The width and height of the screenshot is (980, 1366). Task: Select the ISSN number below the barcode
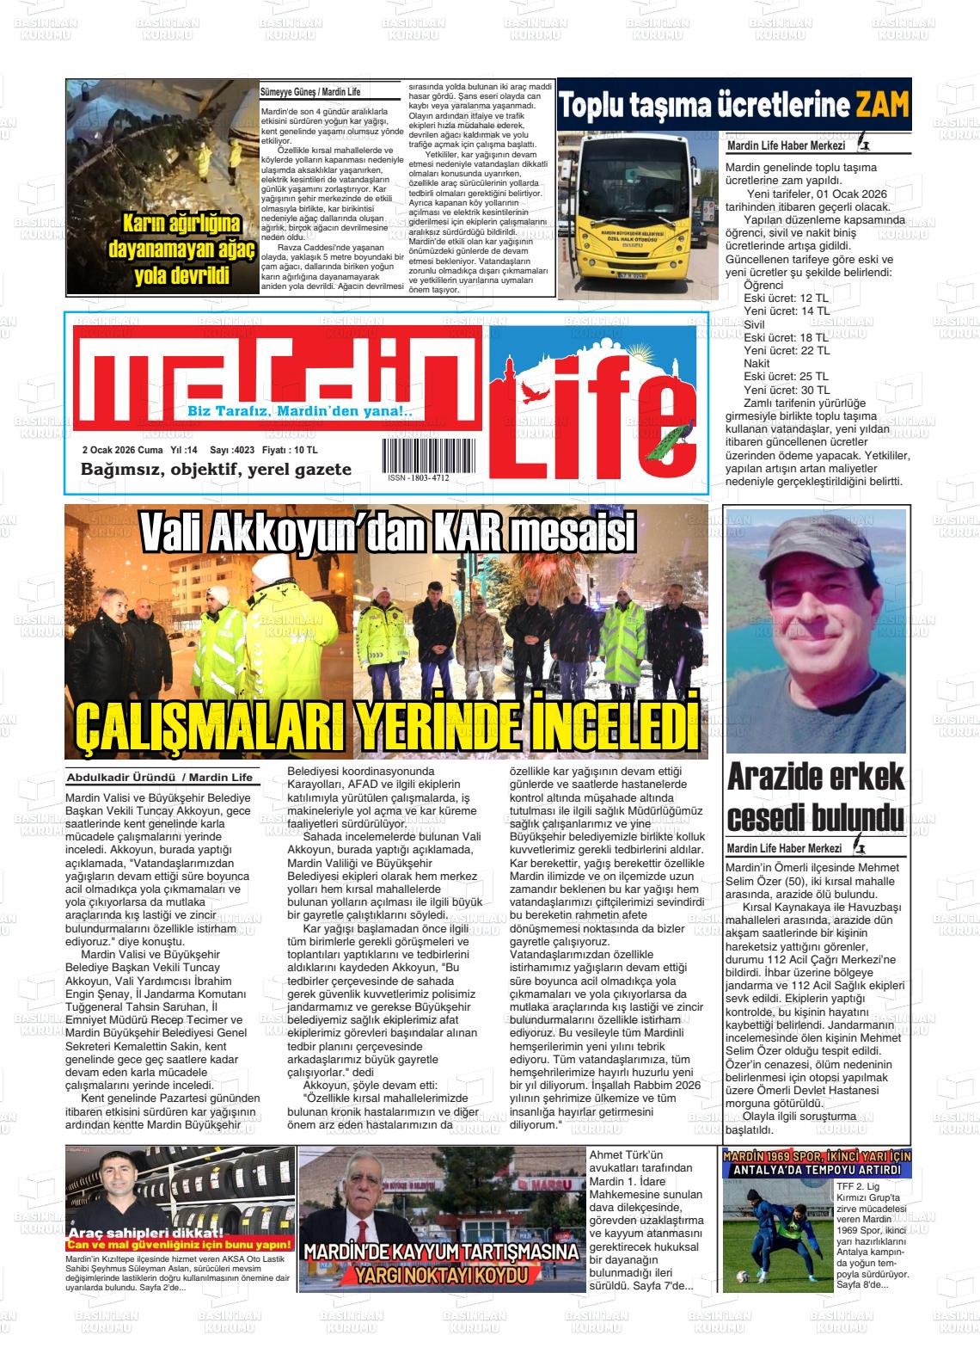coord(418,477)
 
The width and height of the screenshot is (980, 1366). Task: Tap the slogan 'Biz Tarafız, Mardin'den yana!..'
coord(300,411)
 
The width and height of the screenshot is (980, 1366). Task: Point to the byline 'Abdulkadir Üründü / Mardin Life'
coord(160,778)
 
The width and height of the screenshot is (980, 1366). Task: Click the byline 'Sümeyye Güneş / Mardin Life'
coord(310,92)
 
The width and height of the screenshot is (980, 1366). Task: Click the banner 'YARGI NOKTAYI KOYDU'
coord(441,1273)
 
